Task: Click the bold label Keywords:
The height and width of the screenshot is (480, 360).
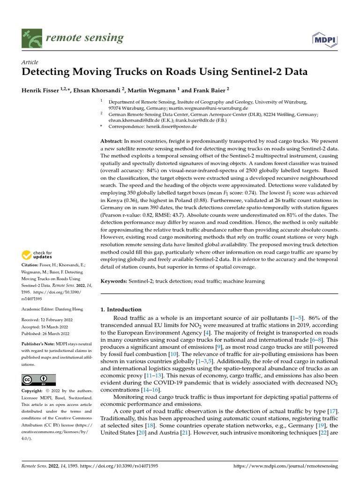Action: coord(114,281)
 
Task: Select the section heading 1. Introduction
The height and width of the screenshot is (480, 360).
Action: coord(121,309)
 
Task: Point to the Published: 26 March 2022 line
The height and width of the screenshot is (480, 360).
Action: coord(45,334)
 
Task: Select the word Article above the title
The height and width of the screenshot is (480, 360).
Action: coord(30,62)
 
